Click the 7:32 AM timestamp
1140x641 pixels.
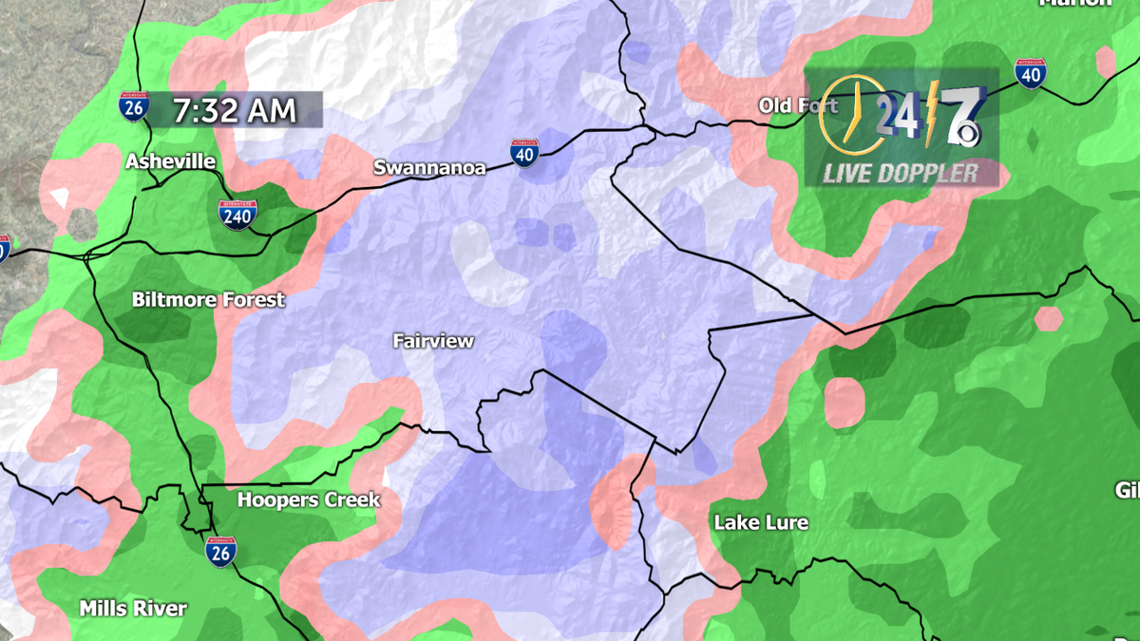[235, 110]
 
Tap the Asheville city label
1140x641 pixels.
[171, 161]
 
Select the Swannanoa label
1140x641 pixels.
[429, 168]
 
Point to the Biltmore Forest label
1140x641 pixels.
[208, 300]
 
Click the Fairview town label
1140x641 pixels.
[433, 341]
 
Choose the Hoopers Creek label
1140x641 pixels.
[309, 500]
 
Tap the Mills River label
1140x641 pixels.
[133, 608]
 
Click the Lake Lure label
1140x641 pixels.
[761, 522]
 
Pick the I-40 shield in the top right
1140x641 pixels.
[1030, 74]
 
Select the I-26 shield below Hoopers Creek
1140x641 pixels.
[220, 551]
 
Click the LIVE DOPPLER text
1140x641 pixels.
[900, 173]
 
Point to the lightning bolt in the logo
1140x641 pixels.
[931, 112]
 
